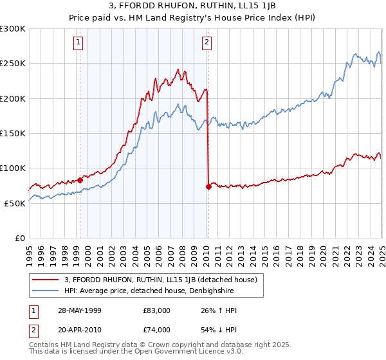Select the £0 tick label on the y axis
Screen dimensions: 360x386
19,237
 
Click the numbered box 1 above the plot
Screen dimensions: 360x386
78,43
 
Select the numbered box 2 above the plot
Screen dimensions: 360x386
207,43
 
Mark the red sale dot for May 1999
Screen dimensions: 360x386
80,180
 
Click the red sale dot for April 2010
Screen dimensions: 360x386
208,186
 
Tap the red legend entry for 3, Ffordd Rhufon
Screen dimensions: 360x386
161,280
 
